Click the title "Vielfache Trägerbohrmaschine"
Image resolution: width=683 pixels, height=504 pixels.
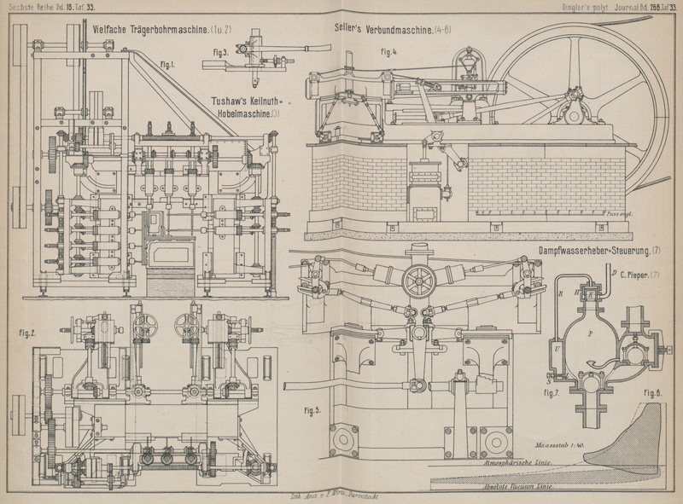150,30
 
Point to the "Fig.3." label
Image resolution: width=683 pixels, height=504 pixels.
218,52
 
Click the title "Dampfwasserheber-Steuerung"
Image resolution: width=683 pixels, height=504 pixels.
593,251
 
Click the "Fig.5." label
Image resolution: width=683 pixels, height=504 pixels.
311,410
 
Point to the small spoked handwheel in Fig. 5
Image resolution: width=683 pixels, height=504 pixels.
419,281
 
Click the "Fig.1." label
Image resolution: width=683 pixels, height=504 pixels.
167,65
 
